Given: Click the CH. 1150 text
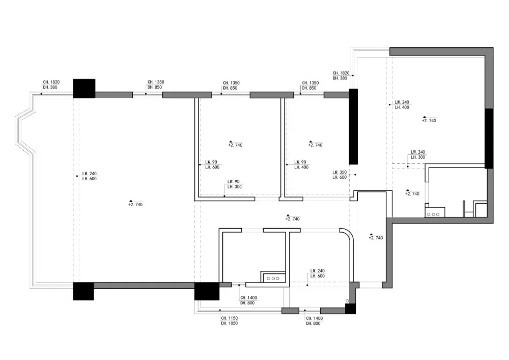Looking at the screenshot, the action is click(x=229, y=318).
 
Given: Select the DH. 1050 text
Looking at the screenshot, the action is click(x=229, y=323).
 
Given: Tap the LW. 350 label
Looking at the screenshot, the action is click(x=340, y=173).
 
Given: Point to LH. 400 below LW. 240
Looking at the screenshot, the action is click(x=402, y=107).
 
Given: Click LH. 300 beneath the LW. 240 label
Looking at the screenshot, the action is click(x=418, y=157).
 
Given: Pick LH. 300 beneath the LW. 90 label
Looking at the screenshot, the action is click(x=234, y=187).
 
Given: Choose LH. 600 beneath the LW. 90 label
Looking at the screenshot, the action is click(x=212, y=167).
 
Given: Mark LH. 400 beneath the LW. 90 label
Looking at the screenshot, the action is click(x=301, y=167).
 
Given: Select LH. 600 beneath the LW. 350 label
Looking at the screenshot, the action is click(x=340, y=178).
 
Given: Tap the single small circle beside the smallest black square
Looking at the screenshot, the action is click(x=347, y=301).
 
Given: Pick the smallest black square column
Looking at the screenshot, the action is click(x=350, y=309).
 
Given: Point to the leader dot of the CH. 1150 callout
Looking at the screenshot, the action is click(x=220, y=310).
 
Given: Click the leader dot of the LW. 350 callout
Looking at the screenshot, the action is click(x=355, y=175).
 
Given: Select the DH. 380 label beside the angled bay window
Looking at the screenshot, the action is click(x=50, y=88).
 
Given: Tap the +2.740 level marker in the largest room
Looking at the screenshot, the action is click(x=135, y=204).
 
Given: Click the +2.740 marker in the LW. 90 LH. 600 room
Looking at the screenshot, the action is click(x=235, y=144).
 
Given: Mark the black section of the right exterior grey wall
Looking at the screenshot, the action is click(x=489, y=139).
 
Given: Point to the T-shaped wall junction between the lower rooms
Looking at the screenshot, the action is click(x=287, y=231).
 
